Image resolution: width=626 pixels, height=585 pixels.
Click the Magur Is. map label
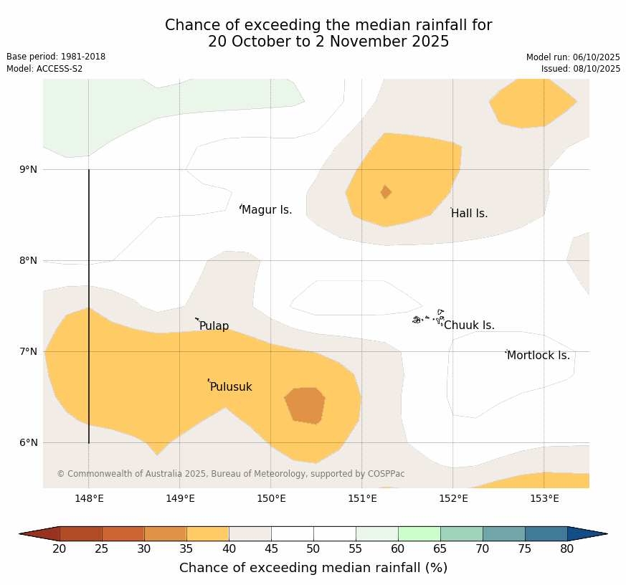coord(267,210)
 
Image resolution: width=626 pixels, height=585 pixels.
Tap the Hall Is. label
coord(470,214)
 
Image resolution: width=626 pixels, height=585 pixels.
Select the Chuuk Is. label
coord(469,325)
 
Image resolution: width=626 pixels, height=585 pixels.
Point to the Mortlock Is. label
coord(539,356)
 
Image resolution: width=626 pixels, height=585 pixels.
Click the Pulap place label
coord(214,326)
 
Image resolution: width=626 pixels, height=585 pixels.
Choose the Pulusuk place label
coord(231,387)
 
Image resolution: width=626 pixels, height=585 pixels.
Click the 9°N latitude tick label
coord(29,169)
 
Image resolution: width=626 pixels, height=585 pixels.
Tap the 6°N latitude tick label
coord(29,442)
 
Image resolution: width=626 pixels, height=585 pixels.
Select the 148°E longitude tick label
coord(89,499)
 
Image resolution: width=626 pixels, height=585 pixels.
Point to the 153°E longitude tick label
coord(544,499)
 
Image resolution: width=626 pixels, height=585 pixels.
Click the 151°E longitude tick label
coord(362,499)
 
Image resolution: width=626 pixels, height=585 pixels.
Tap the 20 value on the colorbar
coord(60,549)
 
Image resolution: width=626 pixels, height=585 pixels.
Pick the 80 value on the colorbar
coord(567,549)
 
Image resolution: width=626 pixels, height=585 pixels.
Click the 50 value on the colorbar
coord(313,549)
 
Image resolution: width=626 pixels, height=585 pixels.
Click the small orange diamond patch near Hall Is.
coord(386,192)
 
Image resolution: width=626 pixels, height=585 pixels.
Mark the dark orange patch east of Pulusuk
coord(305,405)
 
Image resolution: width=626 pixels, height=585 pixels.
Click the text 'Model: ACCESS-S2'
coord(44,69)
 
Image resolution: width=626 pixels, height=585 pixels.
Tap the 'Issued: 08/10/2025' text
coord(581,69)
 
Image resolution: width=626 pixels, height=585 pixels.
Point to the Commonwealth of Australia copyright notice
coord(231,474)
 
